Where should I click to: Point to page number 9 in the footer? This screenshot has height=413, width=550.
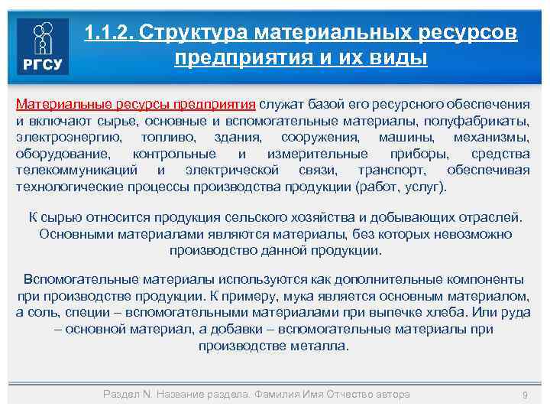click(524, 395)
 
